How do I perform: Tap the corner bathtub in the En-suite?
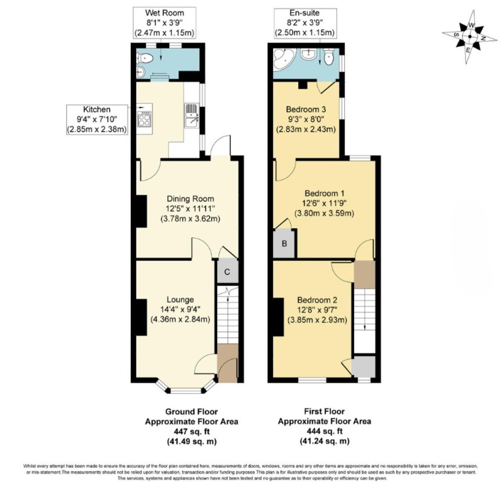[284, 59]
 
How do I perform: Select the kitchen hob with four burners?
[144, 119]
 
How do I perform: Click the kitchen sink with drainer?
[192, 116]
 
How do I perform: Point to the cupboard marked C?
[227, 271]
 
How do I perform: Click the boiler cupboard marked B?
[284, 243]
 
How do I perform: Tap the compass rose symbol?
[469, 37]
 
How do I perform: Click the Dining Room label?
[190, 199]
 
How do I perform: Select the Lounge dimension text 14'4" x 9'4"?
[180, 309]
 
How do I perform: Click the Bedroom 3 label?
[306, 109]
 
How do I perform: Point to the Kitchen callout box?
[97, 119]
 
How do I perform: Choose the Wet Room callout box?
[164, 23]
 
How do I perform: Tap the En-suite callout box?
[305, 23]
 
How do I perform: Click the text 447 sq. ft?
[192, 431]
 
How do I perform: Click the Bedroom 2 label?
[317, 300]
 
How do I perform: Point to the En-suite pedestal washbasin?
[309, 54]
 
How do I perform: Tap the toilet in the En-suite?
[329, 57]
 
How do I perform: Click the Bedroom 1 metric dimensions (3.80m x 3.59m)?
[324, 213]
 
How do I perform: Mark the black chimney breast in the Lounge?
[141, 317]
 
